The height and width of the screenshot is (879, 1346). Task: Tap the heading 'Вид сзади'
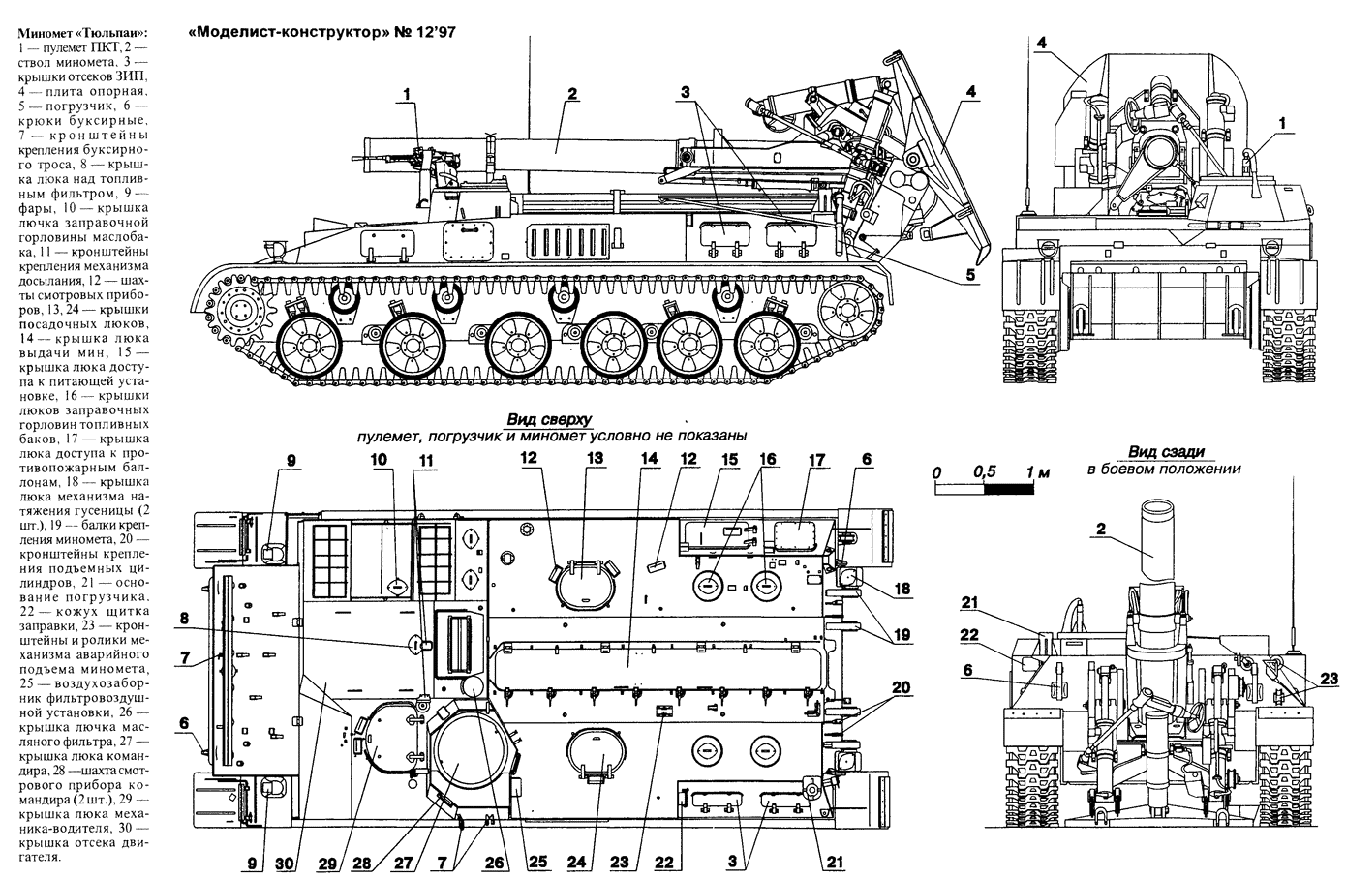1165,451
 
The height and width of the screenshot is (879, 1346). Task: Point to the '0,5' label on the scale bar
986,471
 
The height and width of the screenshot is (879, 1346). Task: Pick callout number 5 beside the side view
970,274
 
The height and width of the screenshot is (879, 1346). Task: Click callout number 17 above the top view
815,458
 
